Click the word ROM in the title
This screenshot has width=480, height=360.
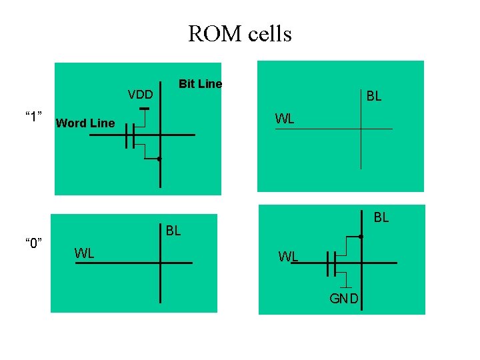[211, 33]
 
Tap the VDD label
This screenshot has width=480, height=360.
[140, 94]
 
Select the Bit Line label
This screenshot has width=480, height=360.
[200, 83]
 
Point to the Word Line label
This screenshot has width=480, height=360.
[85, 123]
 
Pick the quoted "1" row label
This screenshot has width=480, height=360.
[34, 117]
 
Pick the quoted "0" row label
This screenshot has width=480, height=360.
[34, 241]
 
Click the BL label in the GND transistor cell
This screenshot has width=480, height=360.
[381, 217]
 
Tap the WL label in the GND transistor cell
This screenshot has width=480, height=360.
[288, 256]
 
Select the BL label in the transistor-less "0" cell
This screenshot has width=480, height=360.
[173, 231]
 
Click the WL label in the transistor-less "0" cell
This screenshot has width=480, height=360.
[84, 253]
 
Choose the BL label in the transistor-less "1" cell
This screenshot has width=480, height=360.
[374, 96]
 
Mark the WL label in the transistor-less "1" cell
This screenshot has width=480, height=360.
[285, 119]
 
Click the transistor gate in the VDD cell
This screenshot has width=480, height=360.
[129, 135]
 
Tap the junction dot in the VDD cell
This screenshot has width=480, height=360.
[159, 159]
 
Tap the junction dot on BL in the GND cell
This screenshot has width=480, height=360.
[360, 237]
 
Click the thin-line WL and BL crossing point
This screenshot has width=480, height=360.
[361, 129]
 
